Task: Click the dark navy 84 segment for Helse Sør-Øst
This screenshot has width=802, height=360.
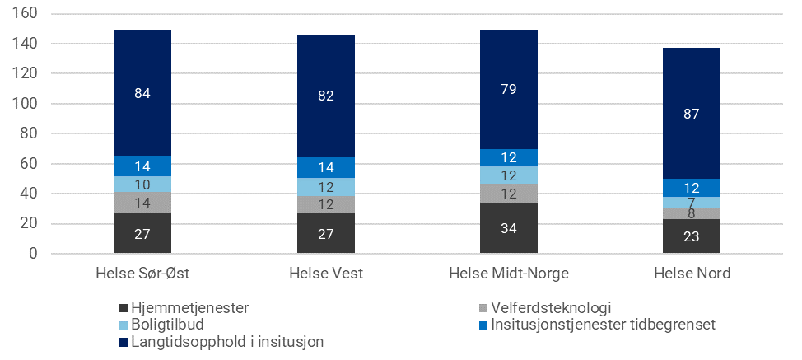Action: click(x=142, y=92)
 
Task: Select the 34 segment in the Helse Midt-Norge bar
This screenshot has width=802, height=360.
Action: click(x=509, y=228)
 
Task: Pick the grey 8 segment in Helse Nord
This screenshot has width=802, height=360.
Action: click(x=692, y=213)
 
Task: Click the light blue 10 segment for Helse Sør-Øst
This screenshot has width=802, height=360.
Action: click(x=142, y=184)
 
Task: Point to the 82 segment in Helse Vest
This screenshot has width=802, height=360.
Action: click(x=325, y=96)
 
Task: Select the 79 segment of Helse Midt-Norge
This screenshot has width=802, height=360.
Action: click(x=509, y=89)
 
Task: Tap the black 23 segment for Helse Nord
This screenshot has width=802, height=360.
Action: click(x=692, y=236)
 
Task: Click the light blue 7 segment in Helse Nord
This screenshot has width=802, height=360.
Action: click(x=692, y=202)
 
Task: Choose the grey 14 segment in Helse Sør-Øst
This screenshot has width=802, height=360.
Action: click(x=142, y=203)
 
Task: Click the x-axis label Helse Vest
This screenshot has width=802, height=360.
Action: click(x=325, y=274)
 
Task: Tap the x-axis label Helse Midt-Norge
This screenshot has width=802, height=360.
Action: click(x=509, y=274)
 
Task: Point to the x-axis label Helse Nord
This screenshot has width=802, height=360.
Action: click(x=692, y=274)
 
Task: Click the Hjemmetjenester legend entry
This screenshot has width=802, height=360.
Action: click(x=189, y=308)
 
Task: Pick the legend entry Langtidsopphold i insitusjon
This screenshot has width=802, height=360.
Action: click(x=222, y=341)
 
